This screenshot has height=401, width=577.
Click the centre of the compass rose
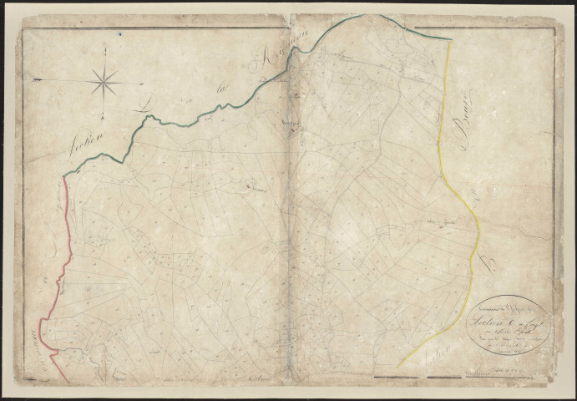click(104, 81)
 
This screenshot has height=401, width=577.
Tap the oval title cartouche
click(508, 322)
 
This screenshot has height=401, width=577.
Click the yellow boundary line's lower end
click(398, 366)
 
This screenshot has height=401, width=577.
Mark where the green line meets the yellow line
click(449, 40)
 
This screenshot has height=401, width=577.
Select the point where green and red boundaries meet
click(63, 176)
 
